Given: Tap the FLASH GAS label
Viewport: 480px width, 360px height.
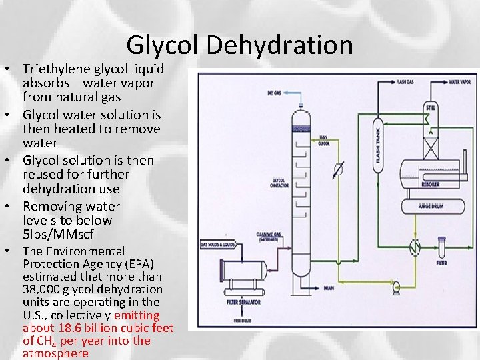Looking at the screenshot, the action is coord(405,82).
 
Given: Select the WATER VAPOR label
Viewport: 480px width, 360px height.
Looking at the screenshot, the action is coord(459,82).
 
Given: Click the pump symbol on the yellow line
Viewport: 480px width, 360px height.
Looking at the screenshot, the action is coord(396,288).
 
